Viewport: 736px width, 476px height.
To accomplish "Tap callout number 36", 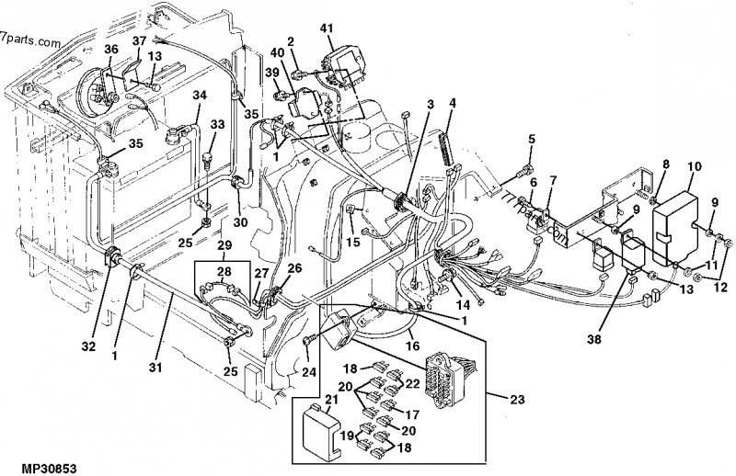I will pos(110,49).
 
